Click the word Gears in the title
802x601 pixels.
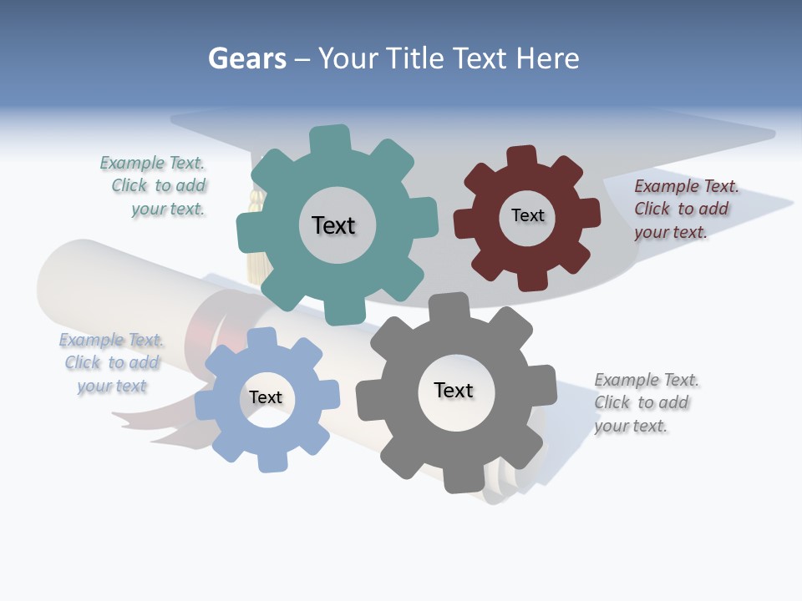tap(246, 59)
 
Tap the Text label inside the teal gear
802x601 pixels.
tap(333, 225)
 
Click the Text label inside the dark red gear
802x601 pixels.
tap(527, 215)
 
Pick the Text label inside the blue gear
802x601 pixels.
tap(266, 397)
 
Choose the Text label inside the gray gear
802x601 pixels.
tap(454, 390)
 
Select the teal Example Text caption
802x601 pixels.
tap(154, 186)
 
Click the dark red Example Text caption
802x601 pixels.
tap(685, 209)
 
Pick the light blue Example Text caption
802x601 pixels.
tap(112, 363)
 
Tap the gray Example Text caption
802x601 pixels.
tap(646, 402)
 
